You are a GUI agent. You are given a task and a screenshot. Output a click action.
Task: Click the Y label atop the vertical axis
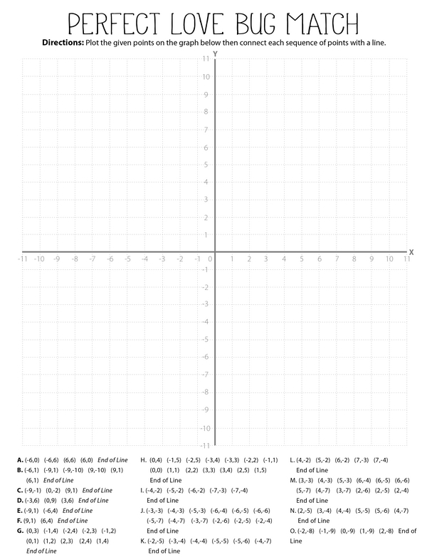pyautogui.click(x=215, y=54)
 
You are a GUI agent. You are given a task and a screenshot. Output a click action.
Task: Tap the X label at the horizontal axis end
pyautogui.click(x=411, y=251)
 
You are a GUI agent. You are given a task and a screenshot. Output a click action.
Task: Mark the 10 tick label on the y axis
pyautogui.click(x=206, y=77)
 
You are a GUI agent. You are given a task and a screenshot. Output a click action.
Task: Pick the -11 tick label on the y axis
pyautogui.click(x=205, y=445)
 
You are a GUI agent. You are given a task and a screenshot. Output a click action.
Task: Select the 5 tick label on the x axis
pyautogui.click(x=302, y=259)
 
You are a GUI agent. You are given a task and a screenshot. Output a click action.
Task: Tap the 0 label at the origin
pyautogui.click(x=209, y=259)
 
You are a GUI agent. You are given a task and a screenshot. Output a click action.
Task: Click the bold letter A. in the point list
pyautogui.click(x=20, y=460)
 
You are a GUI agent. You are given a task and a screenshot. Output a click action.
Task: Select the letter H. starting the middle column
pyautogui.click(x=144, y=460)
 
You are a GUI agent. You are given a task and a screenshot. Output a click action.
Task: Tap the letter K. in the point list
pyautogui.click(x=144, y=541)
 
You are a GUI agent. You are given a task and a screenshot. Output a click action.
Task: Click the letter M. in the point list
pyautogui.click(x=293, y=480)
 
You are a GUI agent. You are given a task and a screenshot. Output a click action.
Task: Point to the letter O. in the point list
pyautogui.click(x=293, y=531)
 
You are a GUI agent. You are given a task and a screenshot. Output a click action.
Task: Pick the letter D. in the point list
pyautogui.click(x=20, y=500)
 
